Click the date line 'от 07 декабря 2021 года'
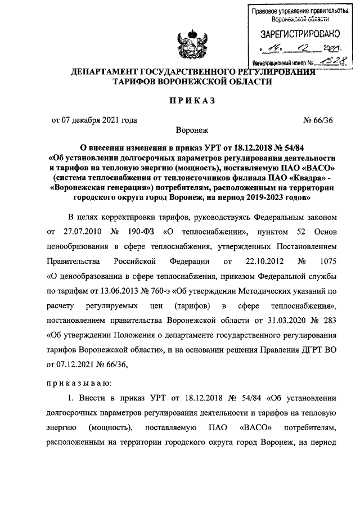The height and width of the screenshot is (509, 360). pyautogui.click(x=94, y=119)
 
